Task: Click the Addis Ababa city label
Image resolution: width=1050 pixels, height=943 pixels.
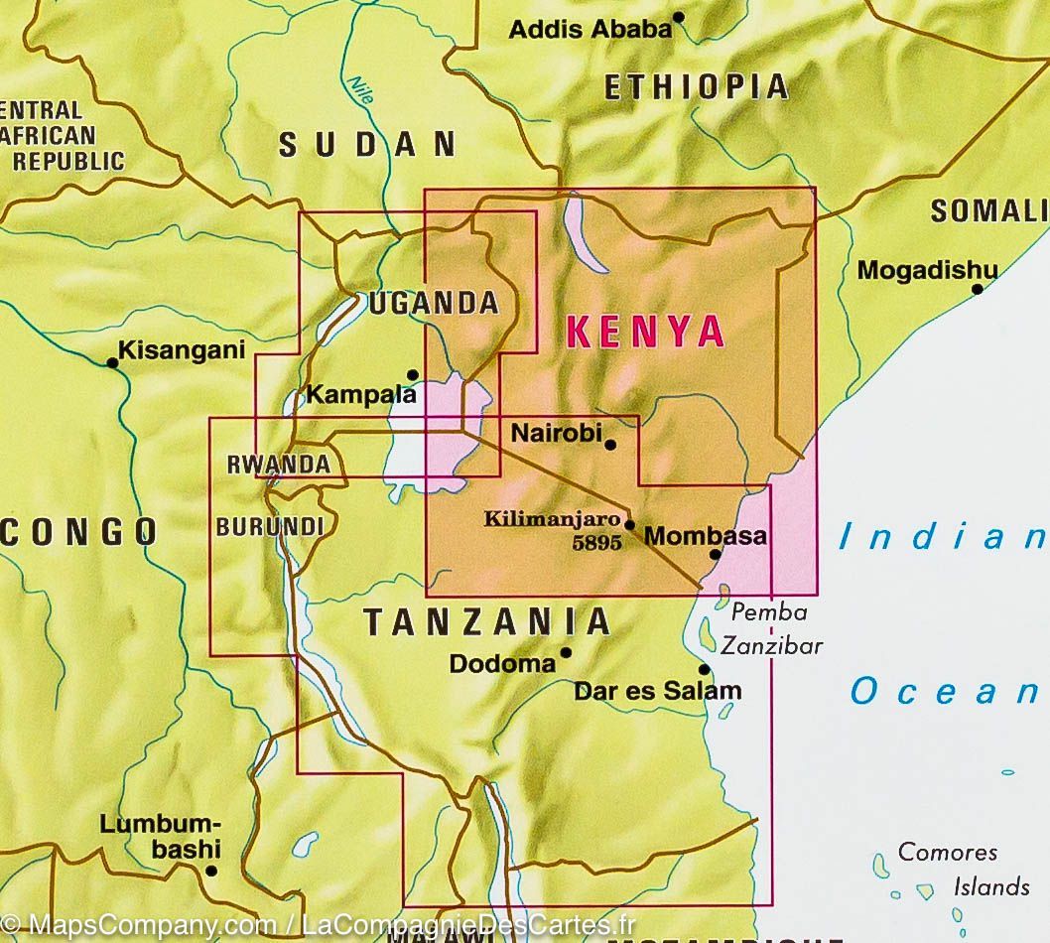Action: [x=590, y=29]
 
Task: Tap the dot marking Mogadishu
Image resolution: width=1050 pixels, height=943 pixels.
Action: [x=978, y=289]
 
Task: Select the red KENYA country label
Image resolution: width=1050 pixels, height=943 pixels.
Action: [x=644, y=331]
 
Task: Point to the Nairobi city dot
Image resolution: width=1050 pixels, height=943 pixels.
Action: [x=610, y=445]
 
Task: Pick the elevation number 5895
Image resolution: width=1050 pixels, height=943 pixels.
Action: [x=596, y=543]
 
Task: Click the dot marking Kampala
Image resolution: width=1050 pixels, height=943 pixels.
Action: [x=414, y=375]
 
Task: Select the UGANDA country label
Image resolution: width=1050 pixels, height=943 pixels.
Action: [x=433, y=303]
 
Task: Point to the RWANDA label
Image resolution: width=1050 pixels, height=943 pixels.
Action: [x=278, y=464]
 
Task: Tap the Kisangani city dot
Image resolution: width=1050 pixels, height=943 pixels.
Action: [x=113, y=362]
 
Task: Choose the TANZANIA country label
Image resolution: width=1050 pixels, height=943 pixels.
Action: [x=486, y=622]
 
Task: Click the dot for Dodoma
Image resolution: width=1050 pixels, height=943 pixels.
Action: [x=566, y=652]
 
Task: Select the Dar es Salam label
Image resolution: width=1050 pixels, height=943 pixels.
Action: [x=657, y=691]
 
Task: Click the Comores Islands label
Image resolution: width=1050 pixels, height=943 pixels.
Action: [x=948, y=869]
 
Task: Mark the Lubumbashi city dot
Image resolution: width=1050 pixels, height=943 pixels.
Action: [x=210, y=871]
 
